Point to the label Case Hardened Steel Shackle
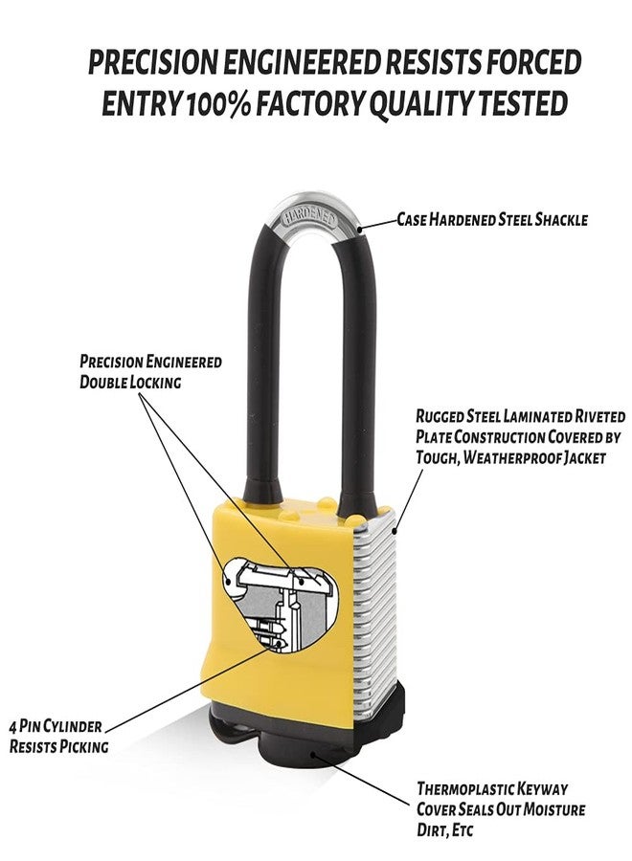(x=492, y=220)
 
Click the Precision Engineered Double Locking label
(x=150, y=371)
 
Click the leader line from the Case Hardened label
(x=379, y=224)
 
